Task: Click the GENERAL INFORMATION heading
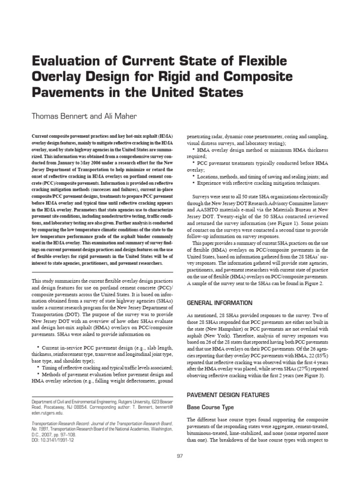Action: coord(219,303)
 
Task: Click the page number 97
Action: coord(180,457)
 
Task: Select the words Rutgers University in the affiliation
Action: coord(115,402)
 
